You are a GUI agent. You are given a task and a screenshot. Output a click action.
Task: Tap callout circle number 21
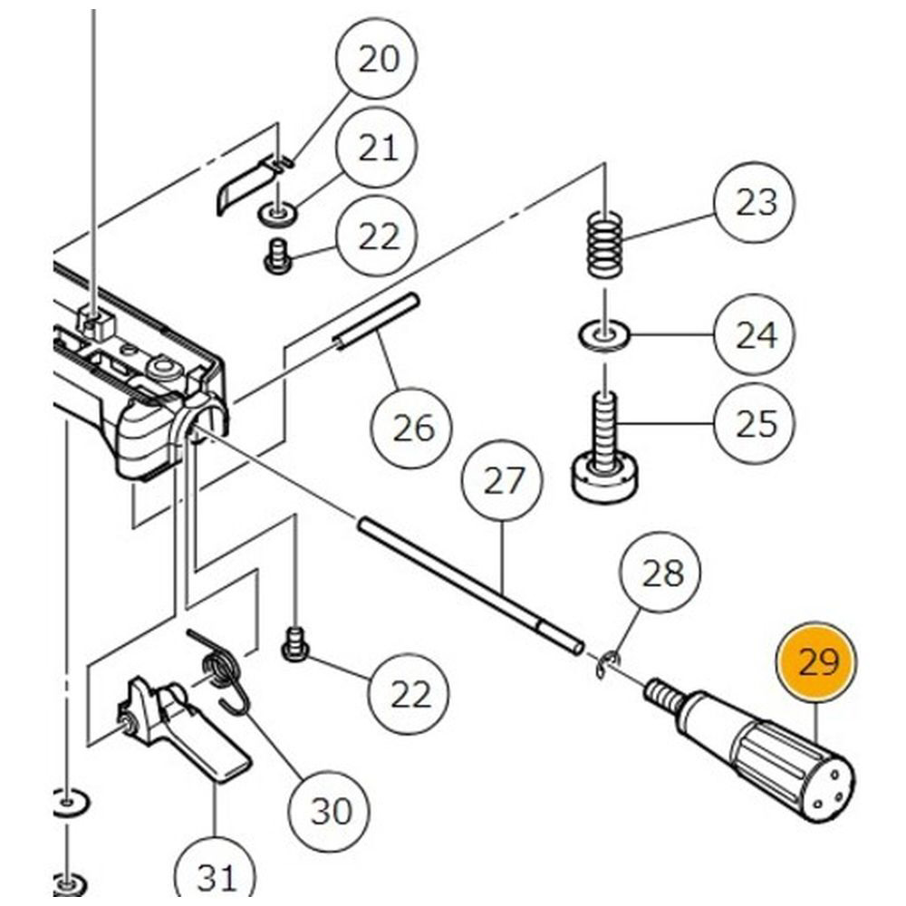378,148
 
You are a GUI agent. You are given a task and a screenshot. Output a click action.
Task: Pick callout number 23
756,202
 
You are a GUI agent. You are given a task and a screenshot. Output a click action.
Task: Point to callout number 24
756,336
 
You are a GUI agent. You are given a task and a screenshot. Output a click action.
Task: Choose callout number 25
756,423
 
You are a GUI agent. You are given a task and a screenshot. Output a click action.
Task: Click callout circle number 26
413,427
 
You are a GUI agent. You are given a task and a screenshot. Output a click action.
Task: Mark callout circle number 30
330,809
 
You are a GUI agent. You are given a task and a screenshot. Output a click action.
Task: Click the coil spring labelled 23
605,243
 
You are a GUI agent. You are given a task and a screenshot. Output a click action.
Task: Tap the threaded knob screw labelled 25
603,453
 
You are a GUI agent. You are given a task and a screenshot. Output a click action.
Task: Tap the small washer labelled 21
276,215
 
